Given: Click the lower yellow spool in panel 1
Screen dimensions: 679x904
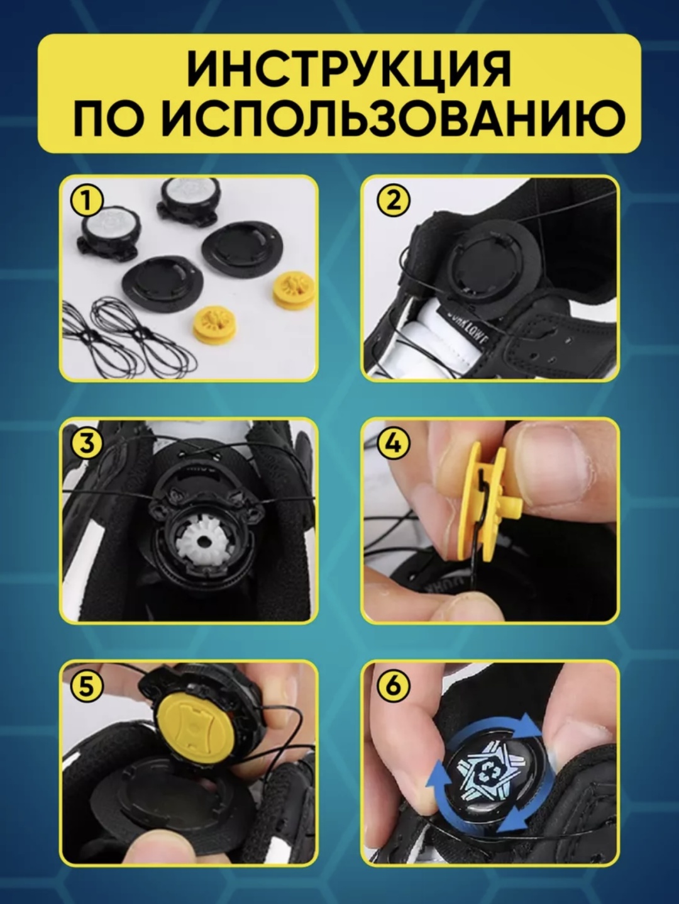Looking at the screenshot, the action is click(213, 325).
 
